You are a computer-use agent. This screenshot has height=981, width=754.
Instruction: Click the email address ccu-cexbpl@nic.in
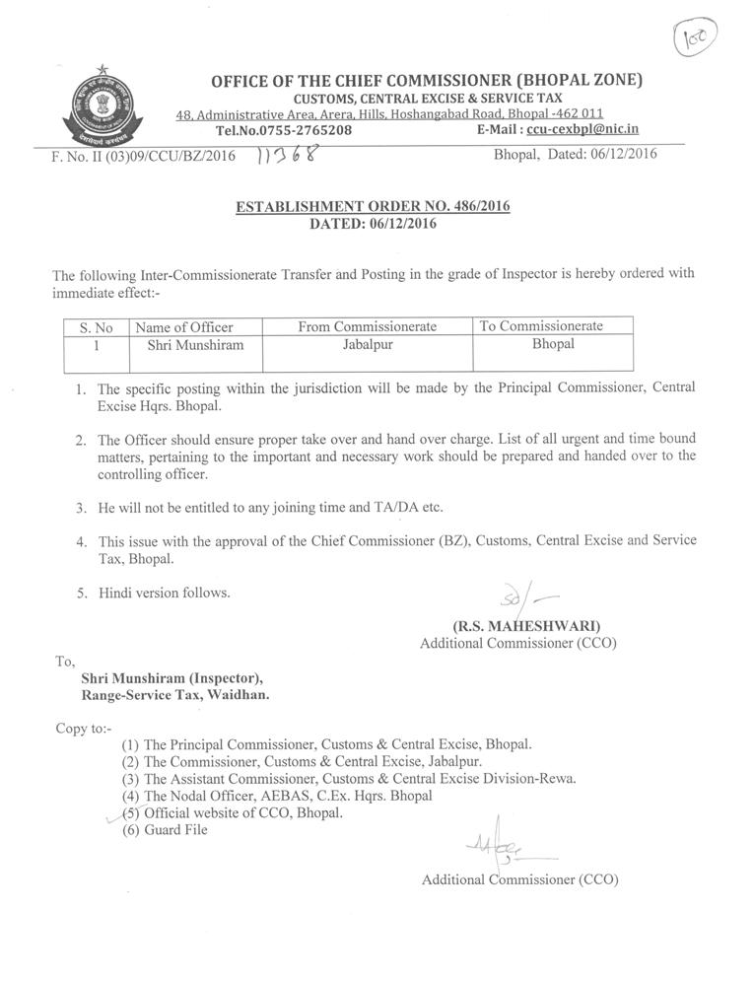[x=583, y=129]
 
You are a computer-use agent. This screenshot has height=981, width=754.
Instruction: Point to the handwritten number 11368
[x=289, y=155]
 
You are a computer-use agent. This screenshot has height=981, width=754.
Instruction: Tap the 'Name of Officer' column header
[x=184, y=327]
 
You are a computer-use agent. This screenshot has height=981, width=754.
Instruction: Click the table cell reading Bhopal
[x=553, y=344]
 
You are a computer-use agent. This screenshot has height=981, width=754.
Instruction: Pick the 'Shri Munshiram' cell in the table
[x=195, y=345]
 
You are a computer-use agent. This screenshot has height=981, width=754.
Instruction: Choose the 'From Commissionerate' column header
[x=368, y=326]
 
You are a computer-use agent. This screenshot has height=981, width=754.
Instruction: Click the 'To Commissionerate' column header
[x=541, y=325]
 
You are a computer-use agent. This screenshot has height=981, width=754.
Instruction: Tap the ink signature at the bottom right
[x=494, y=845]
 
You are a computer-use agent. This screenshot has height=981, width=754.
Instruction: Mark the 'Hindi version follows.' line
[x=164, y=594]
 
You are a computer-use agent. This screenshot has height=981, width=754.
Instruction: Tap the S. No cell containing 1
[x=96, y=345]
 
